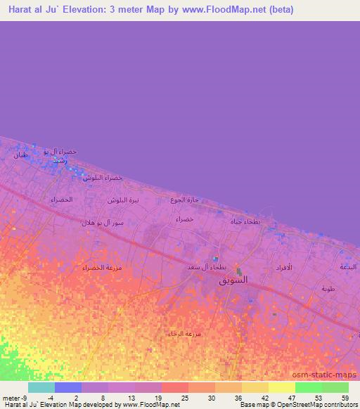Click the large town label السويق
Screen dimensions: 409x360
[234, 280]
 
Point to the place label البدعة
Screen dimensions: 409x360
[349, 267]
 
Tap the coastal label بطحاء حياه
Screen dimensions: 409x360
[246, 222]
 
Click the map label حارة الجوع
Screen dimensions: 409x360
[185, 200]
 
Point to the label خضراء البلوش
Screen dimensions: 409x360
[103, 178]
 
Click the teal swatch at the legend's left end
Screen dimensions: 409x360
[41, 387]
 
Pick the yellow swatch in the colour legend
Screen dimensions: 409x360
[282, 387]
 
